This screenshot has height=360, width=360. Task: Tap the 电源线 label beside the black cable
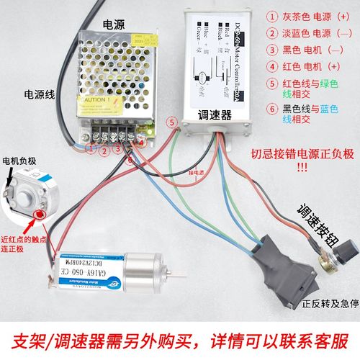[41, 94]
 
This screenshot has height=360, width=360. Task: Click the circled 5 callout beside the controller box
[171, 122]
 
